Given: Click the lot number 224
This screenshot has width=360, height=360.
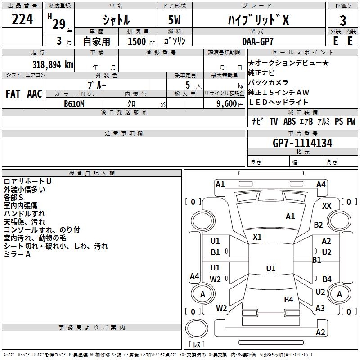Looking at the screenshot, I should click(x=22, y=19).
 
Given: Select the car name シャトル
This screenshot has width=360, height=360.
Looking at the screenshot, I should click(x=116, y=20).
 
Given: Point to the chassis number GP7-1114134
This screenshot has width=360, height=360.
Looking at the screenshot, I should click(x=302, y=143).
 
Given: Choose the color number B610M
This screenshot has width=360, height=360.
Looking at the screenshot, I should click(x=74, y=104).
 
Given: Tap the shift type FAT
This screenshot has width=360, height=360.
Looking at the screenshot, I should click(x=13, y=94).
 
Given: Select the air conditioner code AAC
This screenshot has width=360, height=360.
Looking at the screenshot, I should click(x=34, y=94).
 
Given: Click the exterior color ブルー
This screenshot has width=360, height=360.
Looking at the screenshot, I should click(x=97, y=85).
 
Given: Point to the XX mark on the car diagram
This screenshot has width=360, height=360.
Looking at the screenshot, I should click(x=327, y=206).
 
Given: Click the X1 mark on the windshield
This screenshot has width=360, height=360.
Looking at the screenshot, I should click(x=257, y=237).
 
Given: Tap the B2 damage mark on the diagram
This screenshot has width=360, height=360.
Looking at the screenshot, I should click(x=319, y=225).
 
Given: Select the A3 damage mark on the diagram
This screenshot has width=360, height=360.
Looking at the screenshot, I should click(x=320, y=308).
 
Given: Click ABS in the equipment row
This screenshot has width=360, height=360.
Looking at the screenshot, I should click(x=290, y=121).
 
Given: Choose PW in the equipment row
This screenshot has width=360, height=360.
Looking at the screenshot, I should click(x=351, y=121).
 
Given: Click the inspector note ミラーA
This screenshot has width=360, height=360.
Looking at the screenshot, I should click(x=17, y=254).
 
